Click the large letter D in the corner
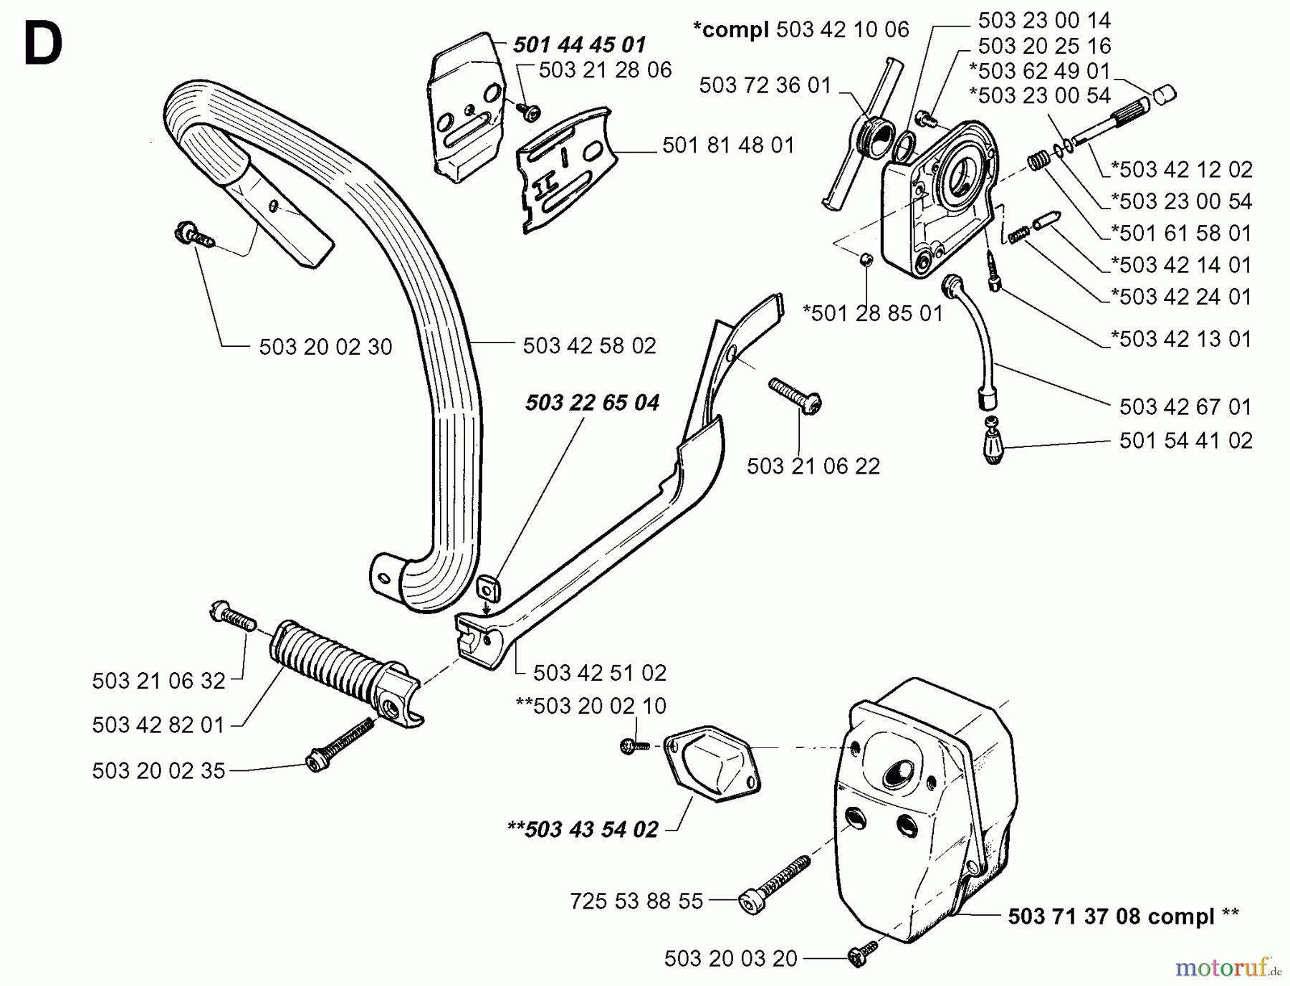click(x=43, y=43)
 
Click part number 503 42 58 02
click(x=589, y=346)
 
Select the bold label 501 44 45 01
click(x=579, y=45)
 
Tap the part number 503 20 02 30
click(x=325, y=347)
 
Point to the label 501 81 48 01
click(x=728, y=145)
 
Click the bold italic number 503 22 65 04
click(x=592, y=403)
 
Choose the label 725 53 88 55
click(x=636, y=901)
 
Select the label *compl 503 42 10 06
click(x=800, y=29)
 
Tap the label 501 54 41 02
click(x=1186, y=440)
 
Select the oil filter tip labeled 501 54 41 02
click(x=991, y=441)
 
